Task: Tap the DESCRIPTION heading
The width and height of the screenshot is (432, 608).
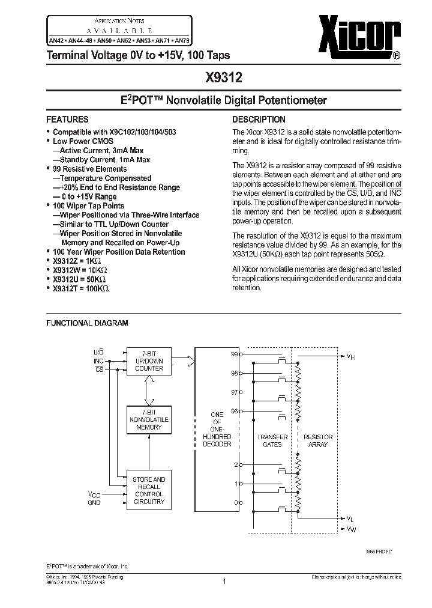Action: (259, 119)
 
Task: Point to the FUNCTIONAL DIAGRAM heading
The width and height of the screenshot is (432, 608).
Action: (87, 323)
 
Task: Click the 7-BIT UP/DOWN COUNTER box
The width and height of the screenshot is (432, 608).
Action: (149, 360)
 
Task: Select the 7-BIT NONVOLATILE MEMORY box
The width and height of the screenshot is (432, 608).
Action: (149, 419)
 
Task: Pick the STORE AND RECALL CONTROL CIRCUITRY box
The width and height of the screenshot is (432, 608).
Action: (149, 490)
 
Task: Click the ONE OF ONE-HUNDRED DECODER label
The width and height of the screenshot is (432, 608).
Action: (217, 429)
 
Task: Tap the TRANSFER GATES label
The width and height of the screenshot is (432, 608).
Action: (272, 440)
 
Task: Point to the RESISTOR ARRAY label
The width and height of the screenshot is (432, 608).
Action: (317, 440)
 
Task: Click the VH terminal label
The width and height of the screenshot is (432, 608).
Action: (350, 356)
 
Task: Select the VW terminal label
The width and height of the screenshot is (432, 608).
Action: (350, 529)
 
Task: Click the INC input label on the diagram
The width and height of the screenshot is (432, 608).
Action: (98, 360)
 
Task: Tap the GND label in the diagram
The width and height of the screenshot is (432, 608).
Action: (94, 502)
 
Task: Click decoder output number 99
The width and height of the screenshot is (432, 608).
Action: (235, 354)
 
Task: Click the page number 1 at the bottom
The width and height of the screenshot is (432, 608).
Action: (224, 581)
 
